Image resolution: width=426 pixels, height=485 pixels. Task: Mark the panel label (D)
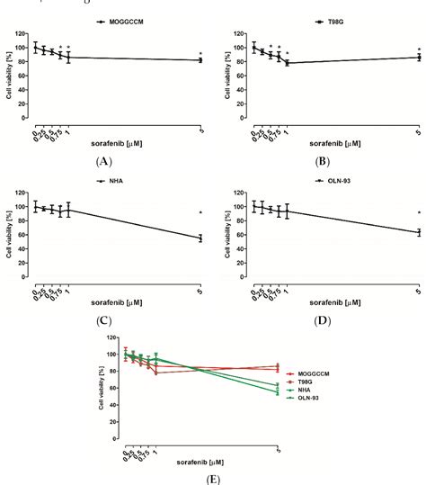(319, 319)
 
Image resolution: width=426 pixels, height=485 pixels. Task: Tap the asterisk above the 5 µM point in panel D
(418, 212)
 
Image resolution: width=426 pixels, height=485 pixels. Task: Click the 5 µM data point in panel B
(418, 58)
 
